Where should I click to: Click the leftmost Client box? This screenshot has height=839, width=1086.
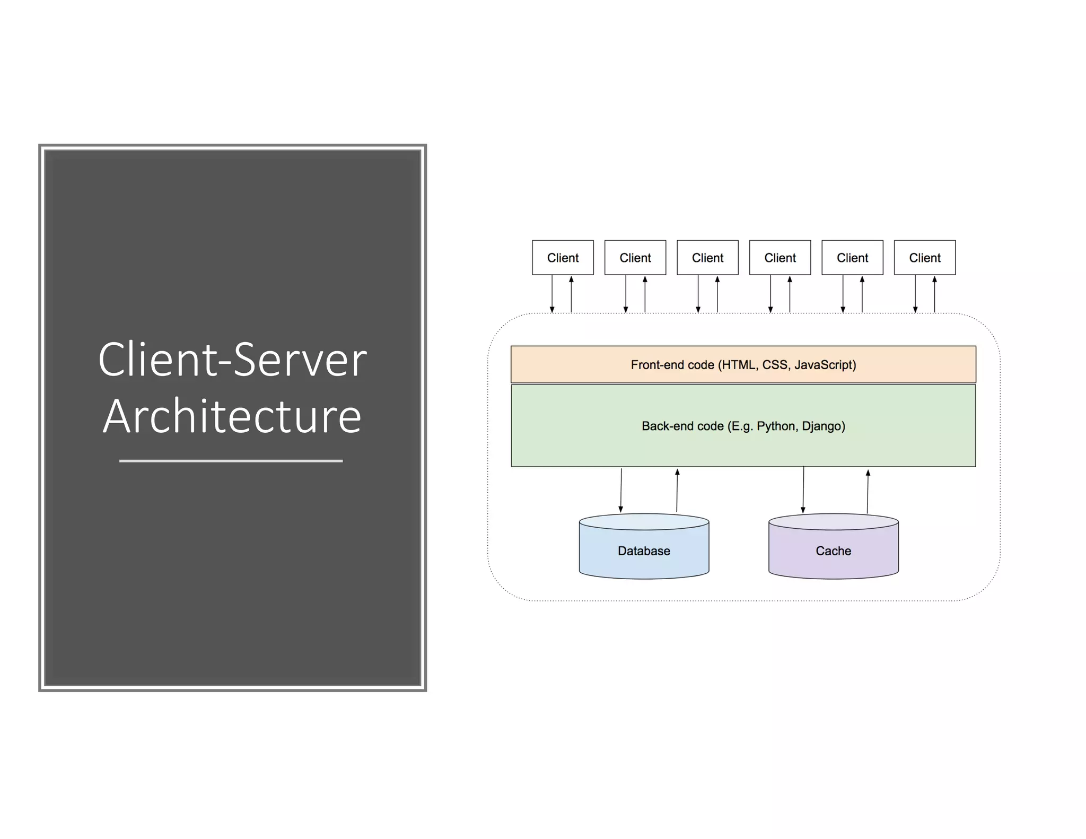(563, 258)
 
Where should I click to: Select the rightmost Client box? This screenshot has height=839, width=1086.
(924, 258)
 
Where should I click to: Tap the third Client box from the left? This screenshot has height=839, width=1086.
(707, 258)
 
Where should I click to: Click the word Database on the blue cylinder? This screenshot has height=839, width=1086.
(644, 551)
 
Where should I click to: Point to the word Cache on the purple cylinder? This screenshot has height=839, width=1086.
(833, 551)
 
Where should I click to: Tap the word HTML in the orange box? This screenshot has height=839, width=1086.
(739, 365)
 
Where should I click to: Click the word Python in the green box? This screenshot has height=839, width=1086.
(776, 426)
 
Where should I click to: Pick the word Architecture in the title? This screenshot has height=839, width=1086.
(232, 416)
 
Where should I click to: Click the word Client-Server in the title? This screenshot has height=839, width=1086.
(232, 360)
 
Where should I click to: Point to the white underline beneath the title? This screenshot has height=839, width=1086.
(231, 461)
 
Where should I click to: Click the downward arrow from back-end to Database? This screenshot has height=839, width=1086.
(621, 491)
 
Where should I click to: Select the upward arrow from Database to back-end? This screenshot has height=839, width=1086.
(677, 491)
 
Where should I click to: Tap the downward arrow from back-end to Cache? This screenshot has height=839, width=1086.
(803, 491)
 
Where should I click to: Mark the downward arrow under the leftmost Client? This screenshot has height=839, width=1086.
(552, 294)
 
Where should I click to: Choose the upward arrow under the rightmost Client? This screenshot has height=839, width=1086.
(934, 294)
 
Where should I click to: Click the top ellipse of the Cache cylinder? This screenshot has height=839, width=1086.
(833, 522)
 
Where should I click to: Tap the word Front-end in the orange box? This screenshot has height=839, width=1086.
(653, 365)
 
